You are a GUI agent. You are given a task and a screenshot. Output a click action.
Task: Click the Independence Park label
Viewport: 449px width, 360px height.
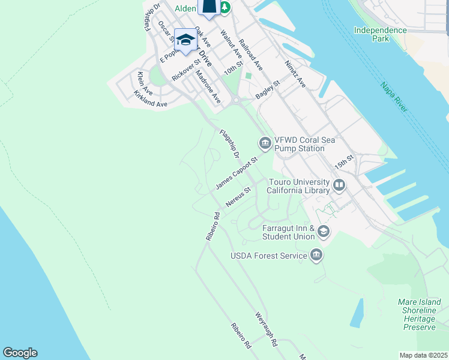pos(379,34)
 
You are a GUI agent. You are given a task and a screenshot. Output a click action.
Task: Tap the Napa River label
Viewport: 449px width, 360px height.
pos(394,97)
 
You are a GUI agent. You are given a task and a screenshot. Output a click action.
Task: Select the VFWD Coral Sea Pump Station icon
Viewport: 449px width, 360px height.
pos(265,143)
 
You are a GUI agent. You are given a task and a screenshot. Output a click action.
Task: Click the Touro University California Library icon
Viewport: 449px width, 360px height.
pos(339,185)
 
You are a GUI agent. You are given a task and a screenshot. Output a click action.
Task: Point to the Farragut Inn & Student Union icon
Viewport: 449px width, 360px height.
pos(324,232)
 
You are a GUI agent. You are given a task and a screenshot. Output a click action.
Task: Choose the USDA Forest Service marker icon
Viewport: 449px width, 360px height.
pos(316,256)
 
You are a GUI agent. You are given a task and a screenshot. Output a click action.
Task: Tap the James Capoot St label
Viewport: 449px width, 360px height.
pos(237,173)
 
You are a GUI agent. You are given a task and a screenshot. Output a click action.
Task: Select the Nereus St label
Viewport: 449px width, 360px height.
pos(238,197)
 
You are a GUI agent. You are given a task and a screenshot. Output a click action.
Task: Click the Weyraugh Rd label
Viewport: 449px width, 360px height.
pos(266,329)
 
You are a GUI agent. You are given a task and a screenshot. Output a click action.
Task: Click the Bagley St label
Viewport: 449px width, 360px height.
pos(268,91)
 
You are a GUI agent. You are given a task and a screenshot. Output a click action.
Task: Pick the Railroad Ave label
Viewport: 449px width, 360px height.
pos(251,55)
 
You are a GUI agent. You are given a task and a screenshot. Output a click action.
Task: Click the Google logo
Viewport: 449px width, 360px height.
pos(20,353)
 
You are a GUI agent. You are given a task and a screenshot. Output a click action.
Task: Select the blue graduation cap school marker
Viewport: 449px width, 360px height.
pos(185,40)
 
